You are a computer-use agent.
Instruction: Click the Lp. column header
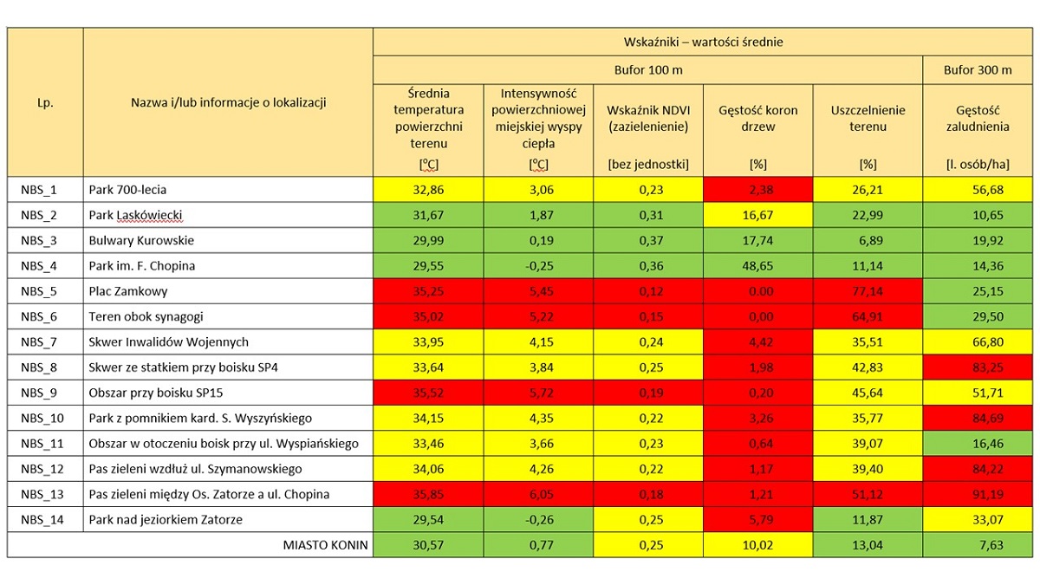pyautogui.click(x=45, y=102)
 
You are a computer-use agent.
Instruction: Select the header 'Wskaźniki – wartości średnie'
pyautogui.click(x=703, y=42)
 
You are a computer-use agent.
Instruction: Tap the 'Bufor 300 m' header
pyautogui.click(x=978, y=70)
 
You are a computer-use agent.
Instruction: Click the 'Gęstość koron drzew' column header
pyautogui.click(x=757, y=119)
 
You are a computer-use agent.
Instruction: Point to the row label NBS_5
pyautogui.click(x=38, y=291)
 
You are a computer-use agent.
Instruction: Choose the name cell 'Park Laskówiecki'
pyautogui.click(x=135, y=216)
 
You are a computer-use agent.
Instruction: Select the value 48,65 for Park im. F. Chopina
pyautogui.click(x=757, y=266)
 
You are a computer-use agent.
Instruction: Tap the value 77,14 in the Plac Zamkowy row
pyautogui.click(x=868, y=291)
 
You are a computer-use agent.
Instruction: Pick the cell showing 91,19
pyautogui.click(x=987, y=495)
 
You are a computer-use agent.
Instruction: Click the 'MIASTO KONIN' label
pyautogui.click(x=325, y=545)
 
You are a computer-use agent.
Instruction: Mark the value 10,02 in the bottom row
pyautogui.click(x=757, y=545)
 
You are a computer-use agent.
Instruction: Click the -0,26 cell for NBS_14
pyautogui.click(x=539, y=519)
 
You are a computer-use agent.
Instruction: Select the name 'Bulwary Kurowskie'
pyautogui.click(x=141, y=241)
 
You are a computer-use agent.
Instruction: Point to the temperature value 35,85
pyautogui.click(x=428, y=495)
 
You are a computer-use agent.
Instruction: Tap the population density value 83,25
pyautogui.click(x=987, y=367)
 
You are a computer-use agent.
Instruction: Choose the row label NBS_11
pyautogui.click(x=42, y=444)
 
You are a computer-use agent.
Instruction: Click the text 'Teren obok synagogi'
pyautogui.click(x=146, y=316)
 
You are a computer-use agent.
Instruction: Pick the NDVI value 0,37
pyautogui.click(x=651, y=241)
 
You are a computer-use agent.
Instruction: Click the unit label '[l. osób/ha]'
pyautogui.click(x=978, y=165)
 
